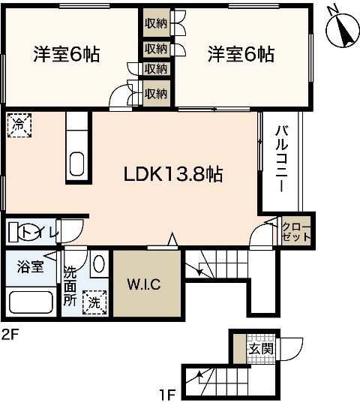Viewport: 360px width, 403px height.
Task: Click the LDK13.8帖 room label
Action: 172,174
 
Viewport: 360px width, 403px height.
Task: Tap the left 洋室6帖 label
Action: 67,55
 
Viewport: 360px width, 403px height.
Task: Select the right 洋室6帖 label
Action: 241,55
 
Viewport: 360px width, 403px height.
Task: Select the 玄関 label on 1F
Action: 259,349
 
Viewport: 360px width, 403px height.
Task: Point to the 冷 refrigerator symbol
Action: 19,125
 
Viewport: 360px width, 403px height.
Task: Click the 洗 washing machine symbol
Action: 94,302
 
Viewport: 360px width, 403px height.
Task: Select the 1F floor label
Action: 169,392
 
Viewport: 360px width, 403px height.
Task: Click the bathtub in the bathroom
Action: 31,303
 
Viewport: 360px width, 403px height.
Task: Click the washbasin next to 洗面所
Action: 98,266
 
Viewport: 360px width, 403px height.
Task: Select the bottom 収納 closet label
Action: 155,94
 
